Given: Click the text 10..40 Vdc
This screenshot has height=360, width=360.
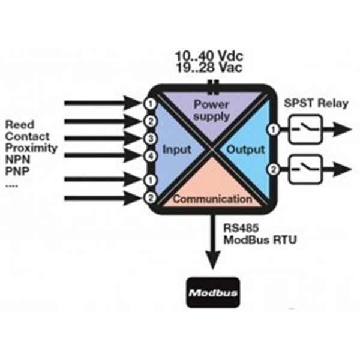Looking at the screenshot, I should pyautogui.click(x=209, y=56).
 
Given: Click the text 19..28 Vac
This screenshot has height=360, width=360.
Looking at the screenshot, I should pyautogui.click(x=209, y=68).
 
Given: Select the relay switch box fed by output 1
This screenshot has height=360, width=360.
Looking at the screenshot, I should pyautogui.click(x=305, y=130).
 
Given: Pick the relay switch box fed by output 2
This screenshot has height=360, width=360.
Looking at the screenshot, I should pyautogui.click(x=305, y=170).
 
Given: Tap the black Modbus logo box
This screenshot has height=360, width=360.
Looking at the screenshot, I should pyautogui.click(x=212, y=293).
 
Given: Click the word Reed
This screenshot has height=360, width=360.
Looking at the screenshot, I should pyautogui.click(x=19, y=125).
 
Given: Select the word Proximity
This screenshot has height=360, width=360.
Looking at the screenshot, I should pyautogui.click(x=31, y=148).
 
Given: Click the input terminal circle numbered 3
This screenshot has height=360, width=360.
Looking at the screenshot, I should pyautogui.click(x=150, y=139).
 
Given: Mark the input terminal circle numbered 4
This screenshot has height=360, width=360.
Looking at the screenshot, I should pyautogui.click(x=150, y=156).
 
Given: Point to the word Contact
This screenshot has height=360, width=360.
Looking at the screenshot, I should pyautogui.click(x=26, y=137).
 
